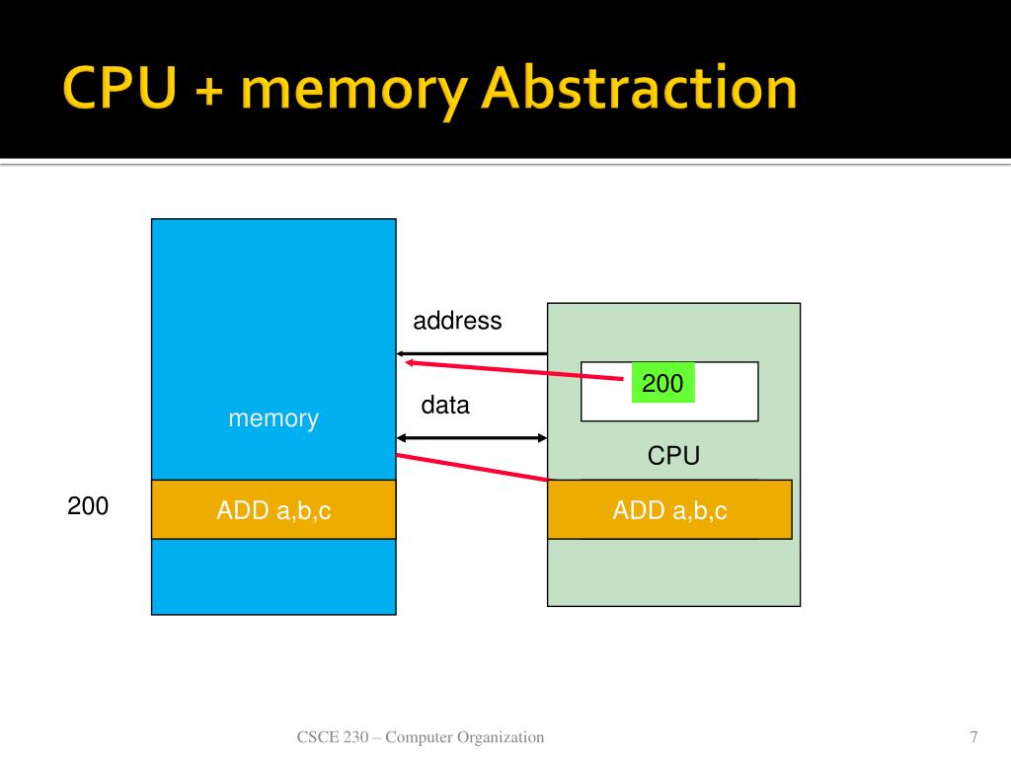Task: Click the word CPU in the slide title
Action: pyautogui.click(x=119, y=87)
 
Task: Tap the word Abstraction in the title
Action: pyautogui.click(x=640, y=87)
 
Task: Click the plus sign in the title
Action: pyautogui.click(x=209, y=90)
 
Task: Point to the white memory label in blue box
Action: pyautogui.click(x=273, y=418)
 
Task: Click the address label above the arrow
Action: pyautogui.click(x=457, y=321)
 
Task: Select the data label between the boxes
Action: pyautogui.click(x=445, y=405)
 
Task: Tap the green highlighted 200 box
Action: pyautogui.click(x=662, y=383)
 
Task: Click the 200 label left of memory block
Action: pyautogui.click(x=88, y=506)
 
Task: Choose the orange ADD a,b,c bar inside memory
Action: pyautogui.click(x=273, y=509)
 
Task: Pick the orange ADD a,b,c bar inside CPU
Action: pyautogui.click(x=669, y=509)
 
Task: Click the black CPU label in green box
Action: pyautogui.click(x=673, y=456)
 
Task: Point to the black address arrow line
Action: pyautogui.click(x=471, y=354)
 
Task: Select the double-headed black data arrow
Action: pyautogui.click(x=471, y=438)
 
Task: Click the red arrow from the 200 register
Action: pyautogui.click(x=513, y=371)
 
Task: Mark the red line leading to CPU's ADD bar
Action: pyautogui.click(x=471, y=467)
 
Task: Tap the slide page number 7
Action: pyautogui.click(x=973, y=736)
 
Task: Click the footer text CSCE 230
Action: pyautogui.click(x=332, y=736)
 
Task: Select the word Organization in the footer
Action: pyautogui.click(x=501, y=737)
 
